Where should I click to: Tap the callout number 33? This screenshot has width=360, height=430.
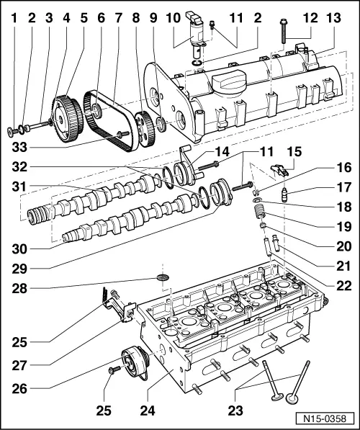pyautogui.click(x=22, y=149)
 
